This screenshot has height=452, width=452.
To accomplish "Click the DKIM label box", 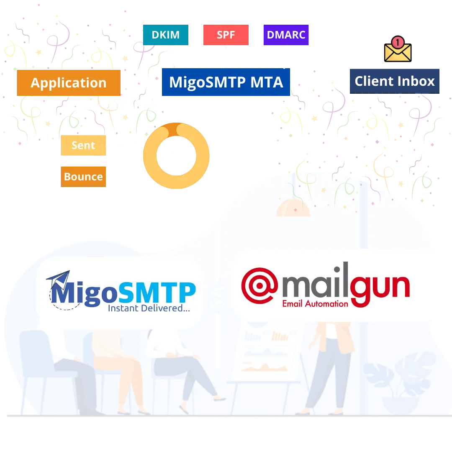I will pyautogui.click(x=166, y=35).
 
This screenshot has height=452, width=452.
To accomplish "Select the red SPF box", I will pyautogui.click(x=226, y=35).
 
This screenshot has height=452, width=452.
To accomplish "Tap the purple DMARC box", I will pyautogui.click(x=285, y=35).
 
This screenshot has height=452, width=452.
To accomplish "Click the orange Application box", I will pyautogui.click(x=69, y=83).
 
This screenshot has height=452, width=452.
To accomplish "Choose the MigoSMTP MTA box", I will pyautogui.click(x=226, y=82).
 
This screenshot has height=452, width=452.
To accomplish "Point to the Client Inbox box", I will pyautogui.click(x=395, y=81).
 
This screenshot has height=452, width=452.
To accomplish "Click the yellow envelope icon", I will pyautogui.click(x=398, y=51).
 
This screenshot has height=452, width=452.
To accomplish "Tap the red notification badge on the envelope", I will pyautogui.click(x=398, y=42).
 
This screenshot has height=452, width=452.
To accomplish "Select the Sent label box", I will pyautogui.click(x=83, y=146).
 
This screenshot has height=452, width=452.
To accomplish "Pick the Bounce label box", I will pyautogui.click(x=83, y=177).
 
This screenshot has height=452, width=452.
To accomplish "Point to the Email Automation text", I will pyautogui.click(x=315, y=303).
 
